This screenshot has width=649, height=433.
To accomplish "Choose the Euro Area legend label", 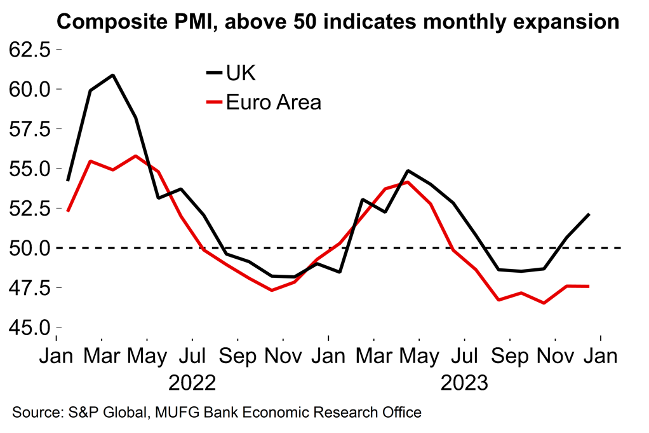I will [x=274, y=102].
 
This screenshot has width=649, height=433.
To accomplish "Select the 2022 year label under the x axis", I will [x=192, y=383].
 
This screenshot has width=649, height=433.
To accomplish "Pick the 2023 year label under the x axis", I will [x=464, y=383].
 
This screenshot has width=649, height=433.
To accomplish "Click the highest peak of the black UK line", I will [x=112, y=75].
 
